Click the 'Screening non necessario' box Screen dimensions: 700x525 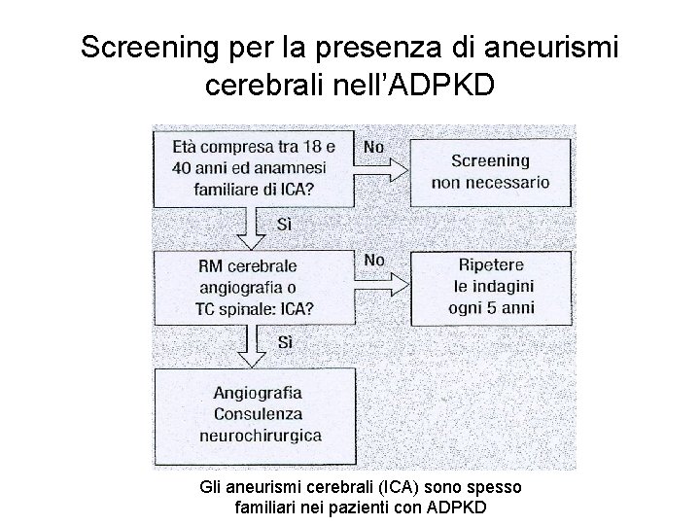point(492,171)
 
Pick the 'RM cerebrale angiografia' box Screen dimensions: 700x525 point(256,288)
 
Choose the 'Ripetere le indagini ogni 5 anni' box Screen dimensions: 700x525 point(492,287)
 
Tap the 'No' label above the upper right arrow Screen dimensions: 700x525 point(373,146)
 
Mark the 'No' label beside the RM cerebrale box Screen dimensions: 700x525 point(373,261)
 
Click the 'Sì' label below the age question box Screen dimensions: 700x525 point(286,224)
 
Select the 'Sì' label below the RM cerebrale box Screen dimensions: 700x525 point(286,342)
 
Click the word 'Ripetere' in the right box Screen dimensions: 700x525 point(492,264)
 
